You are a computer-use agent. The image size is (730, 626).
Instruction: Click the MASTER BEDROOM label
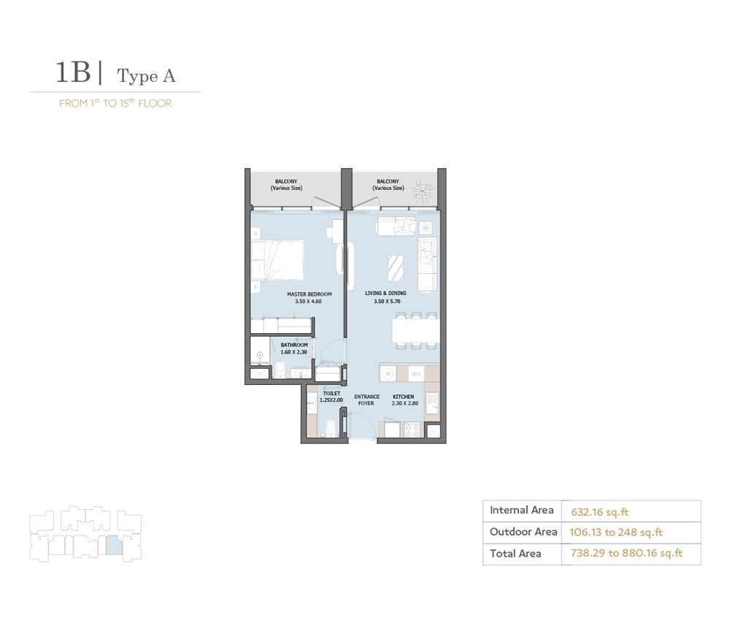point(304,294)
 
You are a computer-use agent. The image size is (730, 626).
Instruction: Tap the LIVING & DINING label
point(385,294)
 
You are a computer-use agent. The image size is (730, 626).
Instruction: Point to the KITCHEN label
point(403,397)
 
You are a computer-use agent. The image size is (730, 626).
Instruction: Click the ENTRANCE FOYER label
point(366,400)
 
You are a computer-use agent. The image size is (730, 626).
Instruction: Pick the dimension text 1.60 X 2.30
point(295,352)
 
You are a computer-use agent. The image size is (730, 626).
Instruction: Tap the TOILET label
point(331,393)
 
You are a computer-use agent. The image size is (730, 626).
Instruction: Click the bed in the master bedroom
point(277,260)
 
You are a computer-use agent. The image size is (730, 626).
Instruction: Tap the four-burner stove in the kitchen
point(412,431)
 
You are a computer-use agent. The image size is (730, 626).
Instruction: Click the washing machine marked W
point(388,373)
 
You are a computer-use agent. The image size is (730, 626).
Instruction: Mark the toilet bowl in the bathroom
point(281,367)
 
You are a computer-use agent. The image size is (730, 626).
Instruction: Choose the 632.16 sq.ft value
point(594,511)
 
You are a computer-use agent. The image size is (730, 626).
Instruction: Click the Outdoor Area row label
point(523,532)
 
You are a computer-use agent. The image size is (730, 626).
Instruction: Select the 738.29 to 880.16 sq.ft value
point(626,554)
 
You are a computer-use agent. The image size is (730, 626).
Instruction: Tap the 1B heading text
point(73,73)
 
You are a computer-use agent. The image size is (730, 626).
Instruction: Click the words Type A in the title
point(146,75)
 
